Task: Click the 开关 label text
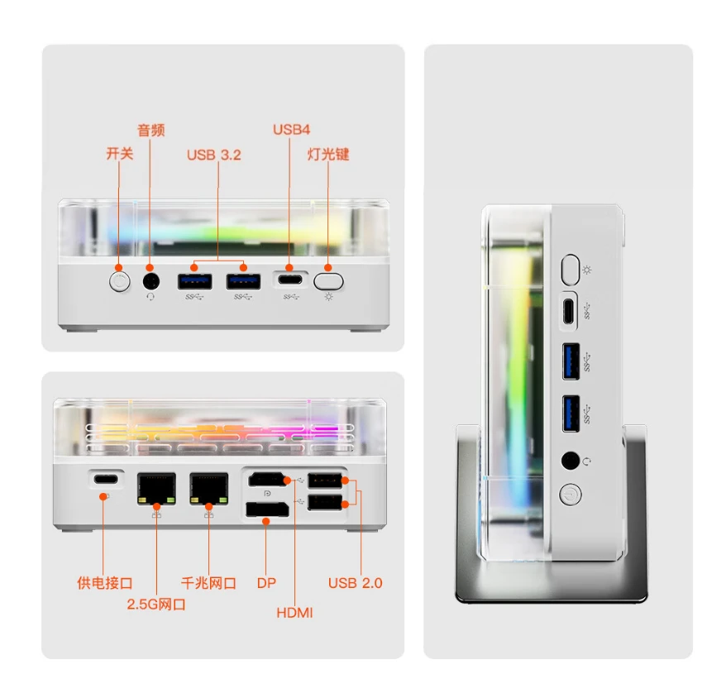(119, 154)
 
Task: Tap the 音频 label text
(151, 130)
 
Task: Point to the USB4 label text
(291, 130)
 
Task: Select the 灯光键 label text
(327, 154)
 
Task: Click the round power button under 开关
(119, 281)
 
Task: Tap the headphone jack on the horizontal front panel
(151, 281)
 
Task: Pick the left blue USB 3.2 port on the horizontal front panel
(194, 281)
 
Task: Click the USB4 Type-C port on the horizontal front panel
(290, 280)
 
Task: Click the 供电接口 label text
(104, 583)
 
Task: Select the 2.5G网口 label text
(155, 605)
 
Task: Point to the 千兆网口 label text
(208, 583)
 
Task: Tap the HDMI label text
(294, 613)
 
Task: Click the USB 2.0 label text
(355, 583)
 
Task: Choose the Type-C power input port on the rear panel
(106, 479)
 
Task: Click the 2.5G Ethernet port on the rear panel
(156, 489)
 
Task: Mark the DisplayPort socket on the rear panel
(267, 509)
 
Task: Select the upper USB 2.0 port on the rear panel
(325, 480)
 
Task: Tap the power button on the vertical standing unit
(570, 495)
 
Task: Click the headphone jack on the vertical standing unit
(571, 461)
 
